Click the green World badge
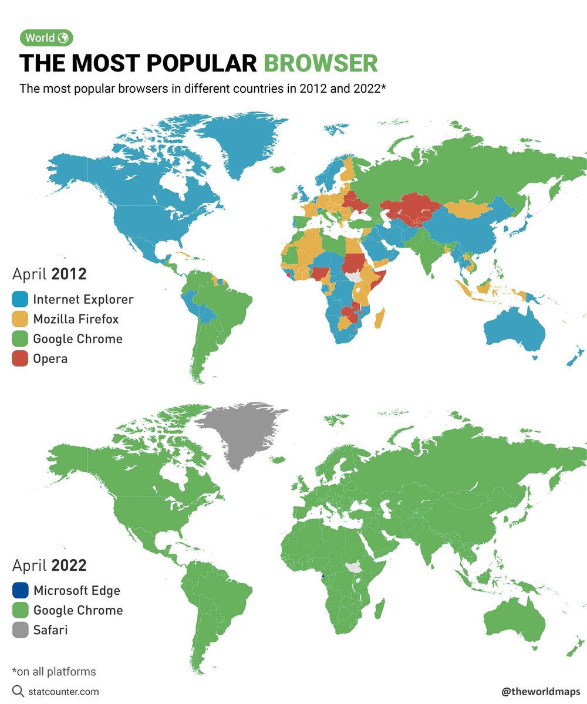(x=46, y=38)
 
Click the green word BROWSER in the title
(x=321, y=63)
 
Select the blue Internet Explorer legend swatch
(x=20, y=299)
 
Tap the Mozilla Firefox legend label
(x=76, y=319)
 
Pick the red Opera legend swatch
(x=20, y=358)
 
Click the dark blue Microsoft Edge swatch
(x=20, y=590)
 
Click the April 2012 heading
(x=49, y=274)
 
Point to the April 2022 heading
(x=49, y=566)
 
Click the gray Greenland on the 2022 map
(x=241, y=431)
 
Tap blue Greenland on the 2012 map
(x=241, y=141)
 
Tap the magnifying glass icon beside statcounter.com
(x=18, y=691)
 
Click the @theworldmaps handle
(x=541, y=692)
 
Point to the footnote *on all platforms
(x=53, y=671)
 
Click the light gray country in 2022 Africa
(x=353, y=567)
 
